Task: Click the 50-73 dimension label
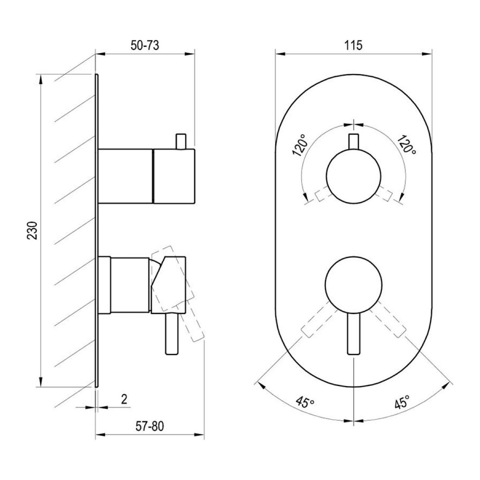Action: click(145, 46)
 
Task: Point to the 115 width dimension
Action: click(354, 46)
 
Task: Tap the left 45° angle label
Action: click(304, 409)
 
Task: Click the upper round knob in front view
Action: click(354, 176)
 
